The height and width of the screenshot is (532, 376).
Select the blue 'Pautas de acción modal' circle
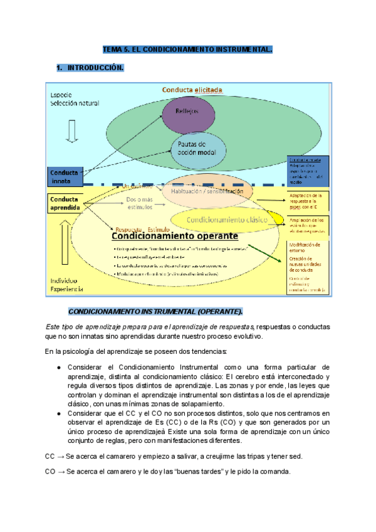(197, 148)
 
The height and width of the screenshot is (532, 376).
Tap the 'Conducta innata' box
(65, 176)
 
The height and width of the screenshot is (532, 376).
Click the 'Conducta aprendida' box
(65, 203)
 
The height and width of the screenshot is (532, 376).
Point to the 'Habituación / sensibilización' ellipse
(204, 191)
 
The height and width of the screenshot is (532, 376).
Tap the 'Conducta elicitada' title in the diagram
(192, 90)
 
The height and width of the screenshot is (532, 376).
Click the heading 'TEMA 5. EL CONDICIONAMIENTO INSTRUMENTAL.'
(188, 50)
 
